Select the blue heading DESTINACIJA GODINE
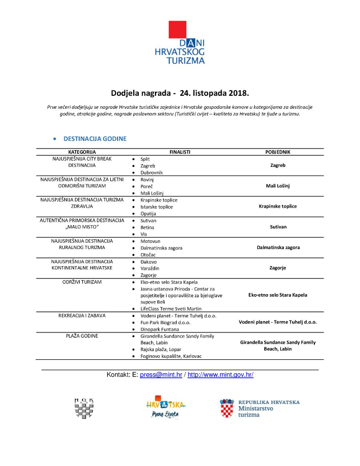[95, 139]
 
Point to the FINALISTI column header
[180, 152]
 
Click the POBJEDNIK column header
[278, 152]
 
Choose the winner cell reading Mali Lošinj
[278, 185]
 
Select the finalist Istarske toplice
[156, 207]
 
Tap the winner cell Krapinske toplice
[278, 206]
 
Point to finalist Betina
[148, 227]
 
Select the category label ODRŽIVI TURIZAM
[82, 282]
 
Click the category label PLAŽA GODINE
[82, 336]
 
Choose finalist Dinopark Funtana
[160, 329]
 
